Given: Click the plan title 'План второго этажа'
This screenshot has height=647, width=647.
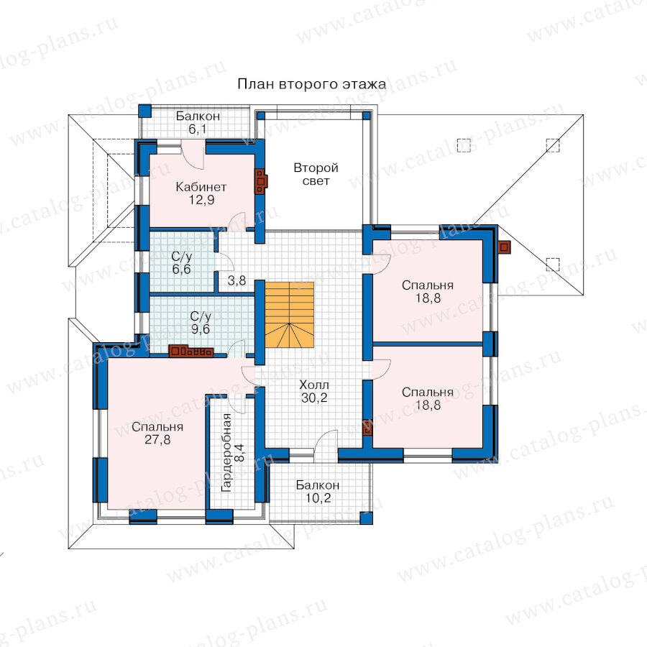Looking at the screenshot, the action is click(x=312, y=84).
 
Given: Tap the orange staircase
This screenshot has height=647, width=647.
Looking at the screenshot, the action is click(x=289, y=314).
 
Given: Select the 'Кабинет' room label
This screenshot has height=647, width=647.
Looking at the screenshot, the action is click(x=201, y=187).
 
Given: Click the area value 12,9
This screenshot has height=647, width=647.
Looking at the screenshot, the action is click(x=201, y=200).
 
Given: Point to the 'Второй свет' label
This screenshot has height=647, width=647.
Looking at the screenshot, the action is click(x=316, y=174).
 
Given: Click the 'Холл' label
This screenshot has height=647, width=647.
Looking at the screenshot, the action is click(x=314, y=385).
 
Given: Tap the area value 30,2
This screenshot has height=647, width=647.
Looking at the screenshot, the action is click(x=314, y=398).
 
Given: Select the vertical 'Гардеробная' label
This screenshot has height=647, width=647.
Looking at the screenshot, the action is click(x=226, y=453).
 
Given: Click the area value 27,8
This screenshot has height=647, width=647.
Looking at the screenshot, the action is click(x=157, y=440).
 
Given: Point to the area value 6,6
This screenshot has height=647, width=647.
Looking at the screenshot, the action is click(x=182, y=270).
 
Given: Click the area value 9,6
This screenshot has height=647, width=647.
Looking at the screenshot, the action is click(x=201, y=329).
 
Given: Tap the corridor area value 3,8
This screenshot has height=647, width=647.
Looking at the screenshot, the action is click(x=237, y=281).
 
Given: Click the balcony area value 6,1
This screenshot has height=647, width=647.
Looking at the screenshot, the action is click(x=198, y=129).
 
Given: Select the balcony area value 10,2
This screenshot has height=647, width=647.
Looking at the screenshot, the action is click(x=318, y=498).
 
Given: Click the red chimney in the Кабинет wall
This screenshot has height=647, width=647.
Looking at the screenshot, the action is click(x=261, y=180).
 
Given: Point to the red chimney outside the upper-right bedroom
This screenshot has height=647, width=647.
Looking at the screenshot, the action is click(x=504, y=247).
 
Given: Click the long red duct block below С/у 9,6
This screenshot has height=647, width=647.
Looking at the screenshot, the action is click(x=191, y=351).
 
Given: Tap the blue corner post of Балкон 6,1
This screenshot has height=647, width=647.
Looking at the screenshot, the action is click(x=144, y=111).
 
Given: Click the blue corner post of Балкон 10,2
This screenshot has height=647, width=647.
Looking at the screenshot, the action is click(x=366, y=518).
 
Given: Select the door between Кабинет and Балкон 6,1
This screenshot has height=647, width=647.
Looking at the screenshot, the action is click(x=193, y=154).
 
